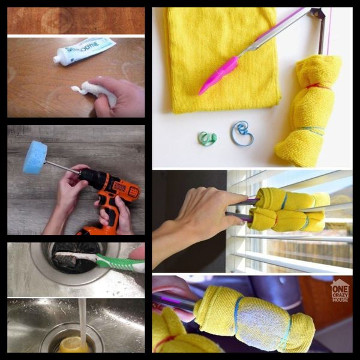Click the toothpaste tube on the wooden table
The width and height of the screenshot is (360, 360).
(x=87, y=50)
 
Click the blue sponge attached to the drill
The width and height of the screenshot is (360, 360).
(x=35, y=158)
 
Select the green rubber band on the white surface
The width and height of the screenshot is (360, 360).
(x=207, y=139)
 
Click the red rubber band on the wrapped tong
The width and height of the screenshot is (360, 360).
(x=318, y=87)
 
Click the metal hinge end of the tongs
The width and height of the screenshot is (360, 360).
(x=318, y=13)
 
